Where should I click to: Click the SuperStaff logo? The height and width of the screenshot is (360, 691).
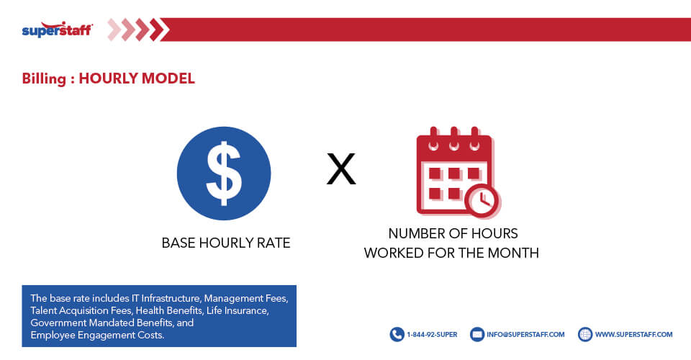click(57, 30)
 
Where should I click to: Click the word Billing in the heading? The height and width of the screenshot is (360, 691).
click(44, 79)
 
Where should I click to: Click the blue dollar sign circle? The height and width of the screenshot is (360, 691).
click(224, 173)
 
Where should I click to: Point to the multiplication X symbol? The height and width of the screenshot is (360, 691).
click(341, 170)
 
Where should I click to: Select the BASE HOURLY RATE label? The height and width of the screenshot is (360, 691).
click(226, 243)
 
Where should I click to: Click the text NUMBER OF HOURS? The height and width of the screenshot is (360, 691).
click(453, 234)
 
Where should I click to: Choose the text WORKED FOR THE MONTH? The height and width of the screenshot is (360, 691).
click(451, 253)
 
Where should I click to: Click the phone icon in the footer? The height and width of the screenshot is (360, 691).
click(397, 334)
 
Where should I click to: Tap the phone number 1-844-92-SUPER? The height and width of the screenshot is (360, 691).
click(433, 335)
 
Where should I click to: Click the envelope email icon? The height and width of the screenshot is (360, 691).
click(477, 334)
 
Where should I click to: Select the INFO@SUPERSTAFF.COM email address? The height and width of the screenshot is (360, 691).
click(526, 335)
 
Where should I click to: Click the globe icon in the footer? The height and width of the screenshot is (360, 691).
click(585, 334)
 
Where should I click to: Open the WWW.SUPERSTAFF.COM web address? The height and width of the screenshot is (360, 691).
click(633, 335)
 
